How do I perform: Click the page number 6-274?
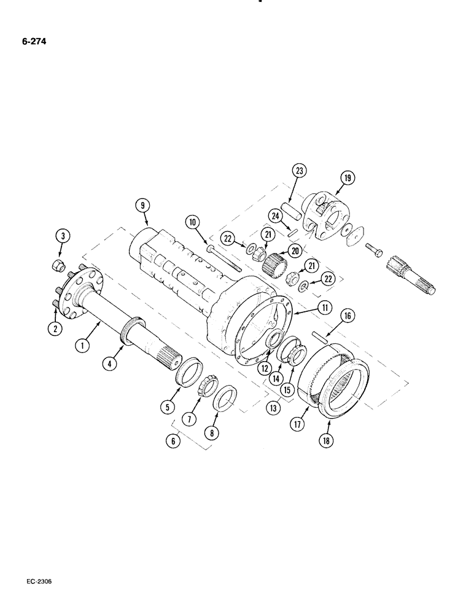(x=29, y=42)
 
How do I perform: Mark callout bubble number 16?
(x=348, y=316)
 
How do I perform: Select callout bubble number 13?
(x=274, y=406)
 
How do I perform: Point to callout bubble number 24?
(x=274, y=216)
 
